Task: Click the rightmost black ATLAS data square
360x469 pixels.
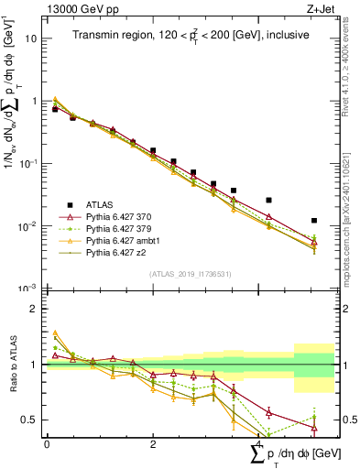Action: click(314, 221)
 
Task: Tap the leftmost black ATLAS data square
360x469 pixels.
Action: click(55, 109)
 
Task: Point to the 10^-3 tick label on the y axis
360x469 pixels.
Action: click(29, 288)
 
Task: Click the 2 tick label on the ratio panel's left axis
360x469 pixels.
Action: click(37, 309)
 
